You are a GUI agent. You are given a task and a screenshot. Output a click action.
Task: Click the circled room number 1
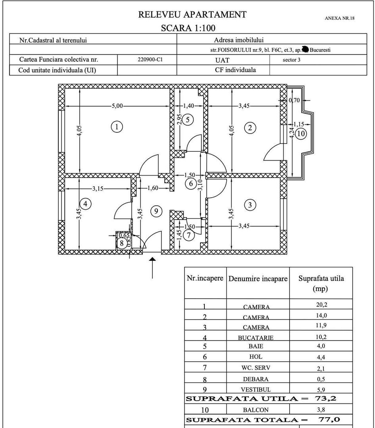click(116, 127)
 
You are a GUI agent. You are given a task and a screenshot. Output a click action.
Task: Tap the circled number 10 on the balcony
click(301, 134)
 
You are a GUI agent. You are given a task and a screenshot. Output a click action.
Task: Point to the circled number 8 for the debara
click(122, 243)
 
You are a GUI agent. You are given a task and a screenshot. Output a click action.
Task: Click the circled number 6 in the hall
click(191, 183)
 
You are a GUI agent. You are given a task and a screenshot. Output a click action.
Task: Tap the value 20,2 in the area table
click(321, 305)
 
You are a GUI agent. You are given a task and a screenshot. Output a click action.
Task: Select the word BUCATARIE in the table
click(256, 338)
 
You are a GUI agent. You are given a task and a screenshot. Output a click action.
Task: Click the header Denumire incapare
click(258, 279)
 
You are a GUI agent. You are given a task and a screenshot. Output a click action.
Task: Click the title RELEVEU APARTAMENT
click(192, 15)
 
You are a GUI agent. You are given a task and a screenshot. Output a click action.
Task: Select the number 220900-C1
click(147, 60)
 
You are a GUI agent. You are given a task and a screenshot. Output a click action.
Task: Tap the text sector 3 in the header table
click(291, 60)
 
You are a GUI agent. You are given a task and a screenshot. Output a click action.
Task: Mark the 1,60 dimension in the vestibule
click(153, 189)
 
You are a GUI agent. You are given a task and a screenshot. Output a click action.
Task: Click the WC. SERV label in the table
click(256, 368)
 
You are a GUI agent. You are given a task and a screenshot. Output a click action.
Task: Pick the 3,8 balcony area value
click(321, 410)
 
